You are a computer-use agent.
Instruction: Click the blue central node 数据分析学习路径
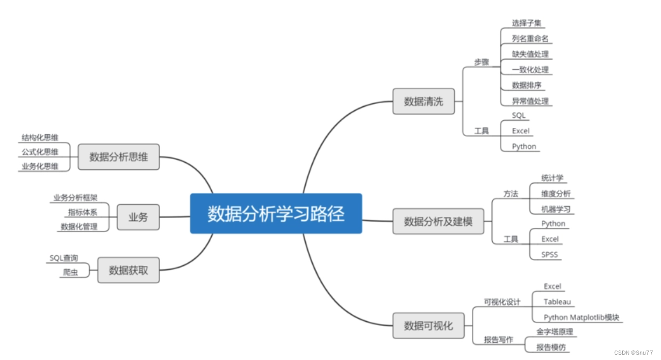coord(276,213)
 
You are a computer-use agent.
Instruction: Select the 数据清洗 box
coord(423,102)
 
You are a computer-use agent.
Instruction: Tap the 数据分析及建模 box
coord(437,221)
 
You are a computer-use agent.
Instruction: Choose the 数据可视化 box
coord(428,325)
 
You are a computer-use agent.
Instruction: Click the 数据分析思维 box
coord(118,157)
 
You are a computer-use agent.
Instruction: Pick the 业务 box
coord(138,217)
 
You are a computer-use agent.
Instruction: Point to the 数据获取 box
coord(128,270)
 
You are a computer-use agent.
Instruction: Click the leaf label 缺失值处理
coord(530,54)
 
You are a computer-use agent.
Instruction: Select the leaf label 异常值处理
coord(530,101)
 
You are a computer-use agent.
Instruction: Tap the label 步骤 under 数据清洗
coord(481,62)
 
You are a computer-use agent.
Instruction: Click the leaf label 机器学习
coord(556,209)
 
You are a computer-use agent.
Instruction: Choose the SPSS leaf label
coord(550,255)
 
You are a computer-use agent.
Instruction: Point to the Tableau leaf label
coord(557,302)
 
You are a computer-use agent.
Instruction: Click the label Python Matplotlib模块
coord(581,318)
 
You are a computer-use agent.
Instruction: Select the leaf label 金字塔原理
coord(555,332)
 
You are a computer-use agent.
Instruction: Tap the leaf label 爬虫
coord(70,272)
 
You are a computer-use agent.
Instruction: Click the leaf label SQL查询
coord(64,258)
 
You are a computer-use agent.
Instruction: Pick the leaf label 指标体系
coord(83,212)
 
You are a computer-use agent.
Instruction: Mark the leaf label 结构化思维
coord(40,138)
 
